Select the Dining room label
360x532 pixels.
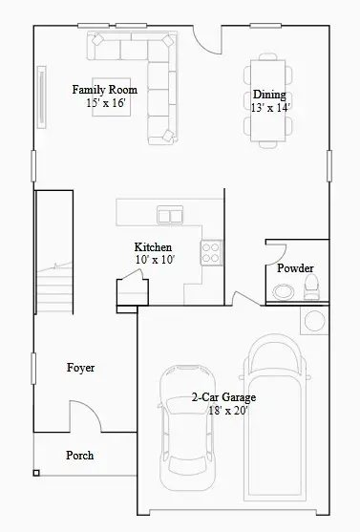pyautogui.click(x=268, y=96)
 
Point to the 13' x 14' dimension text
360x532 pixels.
pyautogui.click(x=270, y=108)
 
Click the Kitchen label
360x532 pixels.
pyautogui.click(x=153, y=248)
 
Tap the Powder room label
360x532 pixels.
pyautogui.click(x=295, y=268)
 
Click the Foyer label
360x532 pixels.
pyautogui.click(x=80, y=368)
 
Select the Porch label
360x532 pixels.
pyautogui.click(x=80, y=456)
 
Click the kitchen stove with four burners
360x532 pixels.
pyautogui.click(x=211, y=252)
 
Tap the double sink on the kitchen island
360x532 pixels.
pyautogui.click(x=170, y=215)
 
